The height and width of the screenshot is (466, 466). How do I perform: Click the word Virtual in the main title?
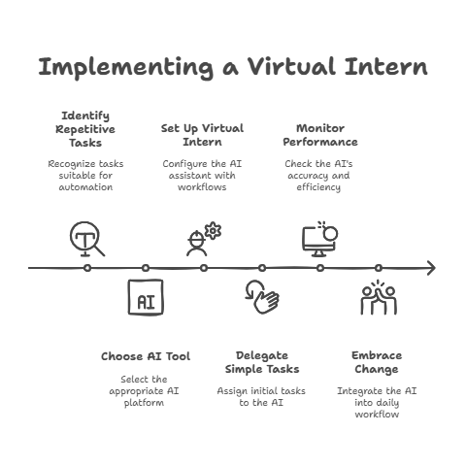click(291, 66)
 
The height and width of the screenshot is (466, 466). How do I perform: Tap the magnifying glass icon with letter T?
click(87, 239)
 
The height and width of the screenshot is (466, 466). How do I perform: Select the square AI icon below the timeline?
click(146, 297)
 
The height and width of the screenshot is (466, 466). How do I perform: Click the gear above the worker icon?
click(213, 230)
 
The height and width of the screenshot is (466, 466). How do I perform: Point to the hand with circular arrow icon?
click(262, 297)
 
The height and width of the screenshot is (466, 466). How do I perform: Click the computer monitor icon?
click(319, 241)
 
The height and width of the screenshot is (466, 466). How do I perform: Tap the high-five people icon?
click(379, 298)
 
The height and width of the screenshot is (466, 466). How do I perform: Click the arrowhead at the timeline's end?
click(432, 268)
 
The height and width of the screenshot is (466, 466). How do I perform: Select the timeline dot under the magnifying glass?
click(87, 268)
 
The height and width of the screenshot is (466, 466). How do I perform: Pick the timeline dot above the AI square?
click(146, 268)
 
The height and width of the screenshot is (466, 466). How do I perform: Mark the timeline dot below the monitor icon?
click(320, 268)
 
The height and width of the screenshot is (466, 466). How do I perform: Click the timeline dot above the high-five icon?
click(379, 268)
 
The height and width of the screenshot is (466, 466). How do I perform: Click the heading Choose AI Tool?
click(146, 356)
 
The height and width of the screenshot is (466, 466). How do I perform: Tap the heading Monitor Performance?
click(320, 135)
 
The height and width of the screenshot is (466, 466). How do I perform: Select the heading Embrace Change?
click(377, 362)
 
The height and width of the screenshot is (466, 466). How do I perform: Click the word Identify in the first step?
click(85, 116)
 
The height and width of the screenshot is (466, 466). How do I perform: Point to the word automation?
click(85, 187)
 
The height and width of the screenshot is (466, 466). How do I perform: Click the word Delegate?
click(262, 355)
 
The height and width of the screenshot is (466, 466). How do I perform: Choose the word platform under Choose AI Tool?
click(144, 403)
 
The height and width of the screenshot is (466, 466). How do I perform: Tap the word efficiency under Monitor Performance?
click(318, 187)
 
